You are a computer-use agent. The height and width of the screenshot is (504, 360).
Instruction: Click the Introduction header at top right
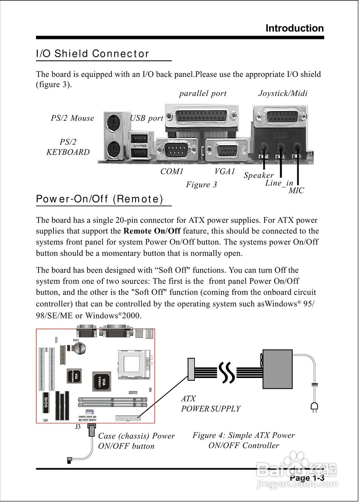pyautogui.click(x=295, y=28)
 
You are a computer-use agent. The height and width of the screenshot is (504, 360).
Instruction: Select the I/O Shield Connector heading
pyautogui.click(x=93, y=54)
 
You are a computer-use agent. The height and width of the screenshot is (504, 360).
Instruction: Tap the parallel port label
pyautogui.click(x=203, y=93)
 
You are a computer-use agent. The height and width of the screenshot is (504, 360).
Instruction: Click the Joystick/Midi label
pyautogui.click(x=283, y=93)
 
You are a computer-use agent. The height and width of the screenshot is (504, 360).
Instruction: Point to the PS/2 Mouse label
pyautogui.click(x=72, y=118)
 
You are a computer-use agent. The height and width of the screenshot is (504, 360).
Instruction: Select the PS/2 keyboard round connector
pyautogui.click(x=113, y=149)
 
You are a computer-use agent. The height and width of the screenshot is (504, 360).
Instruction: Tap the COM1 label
pyautogui.click(x=172, y=172)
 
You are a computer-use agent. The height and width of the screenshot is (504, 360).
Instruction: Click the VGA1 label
pyautogui.click(x=225, y=172)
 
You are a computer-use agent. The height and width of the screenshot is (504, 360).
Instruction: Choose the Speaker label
pyautogui.click(x=258, y=175)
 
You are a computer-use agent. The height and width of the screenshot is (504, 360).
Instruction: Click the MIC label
pyautogui.click(x=296, y=191)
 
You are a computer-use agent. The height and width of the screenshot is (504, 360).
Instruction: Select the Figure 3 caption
pyautogui.click(x=201, y=184)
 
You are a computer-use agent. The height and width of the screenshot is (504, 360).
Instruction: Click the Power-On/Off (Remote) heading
pyautogui.click(x=100, y=199)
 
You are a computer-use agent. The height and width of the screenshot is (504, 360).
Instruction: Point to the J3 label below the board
pyautogui.click(x=78, y=427)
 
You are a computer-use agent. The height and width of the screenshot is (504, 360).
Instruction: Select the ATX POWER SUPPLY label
pyautogui.click(x=210, y=404)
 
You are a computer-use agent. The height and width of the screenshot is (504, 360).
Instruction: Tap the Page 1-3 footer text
pyautogui.click(x=307, y=478)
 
